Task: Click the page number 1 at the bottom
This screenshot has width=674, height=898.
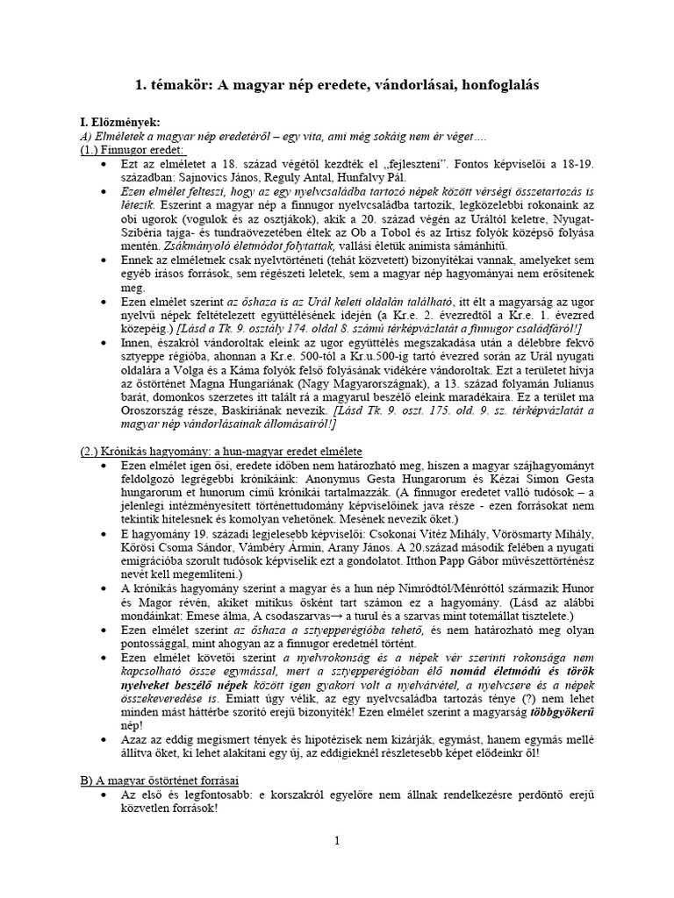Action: [x=337, y=841]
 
